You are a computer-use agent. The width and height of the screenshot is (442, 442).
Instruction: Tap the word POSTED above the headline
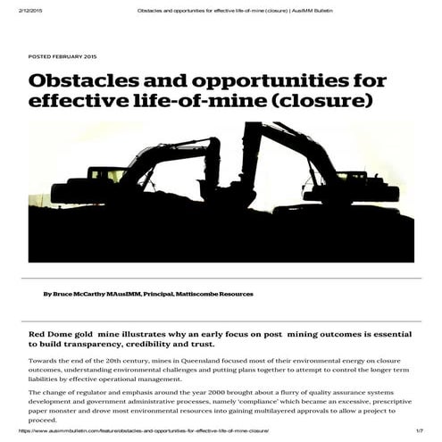[x=40, y=56]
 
